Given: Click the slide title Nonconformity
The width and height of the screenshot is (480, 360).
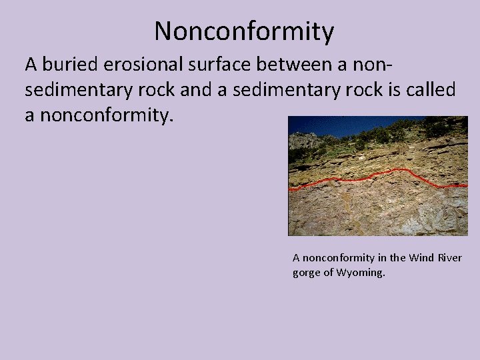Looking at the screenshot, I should coord(244,31).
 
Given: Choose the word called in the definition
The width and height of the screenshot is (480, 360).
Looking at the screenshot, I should coord(431,90).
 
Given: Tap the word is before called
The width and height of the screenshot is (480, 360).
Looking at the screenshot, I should coord(393,90).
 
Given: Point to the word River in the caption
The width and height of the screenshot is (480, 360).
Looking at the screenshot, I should coord(450,258).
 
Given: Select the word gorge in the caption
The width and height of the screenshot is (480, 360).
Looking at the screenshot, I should coord(307,273).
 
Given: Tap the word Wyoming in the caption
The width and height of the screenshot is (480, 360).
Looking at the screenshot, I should coord(361,273).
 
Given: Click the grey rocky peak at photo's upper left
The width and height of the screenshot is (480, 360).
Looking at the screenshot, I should coord(303,139).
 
